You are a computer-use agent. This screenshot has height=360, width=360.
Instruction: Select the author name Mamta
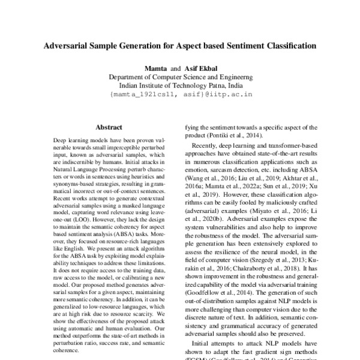pyautogui.click(x=155, y=68)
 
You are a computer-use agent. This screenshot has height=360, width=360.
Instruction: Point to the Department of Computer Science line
pyautogui.click(x=180, y=77)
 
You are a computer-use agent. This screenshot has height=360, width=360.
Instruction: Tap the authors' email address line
pyautogui.click(x=180, y=95)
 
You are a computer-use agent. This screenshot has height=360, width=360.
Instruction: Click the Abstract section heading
pyautogui.click(x=109, y=127)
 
